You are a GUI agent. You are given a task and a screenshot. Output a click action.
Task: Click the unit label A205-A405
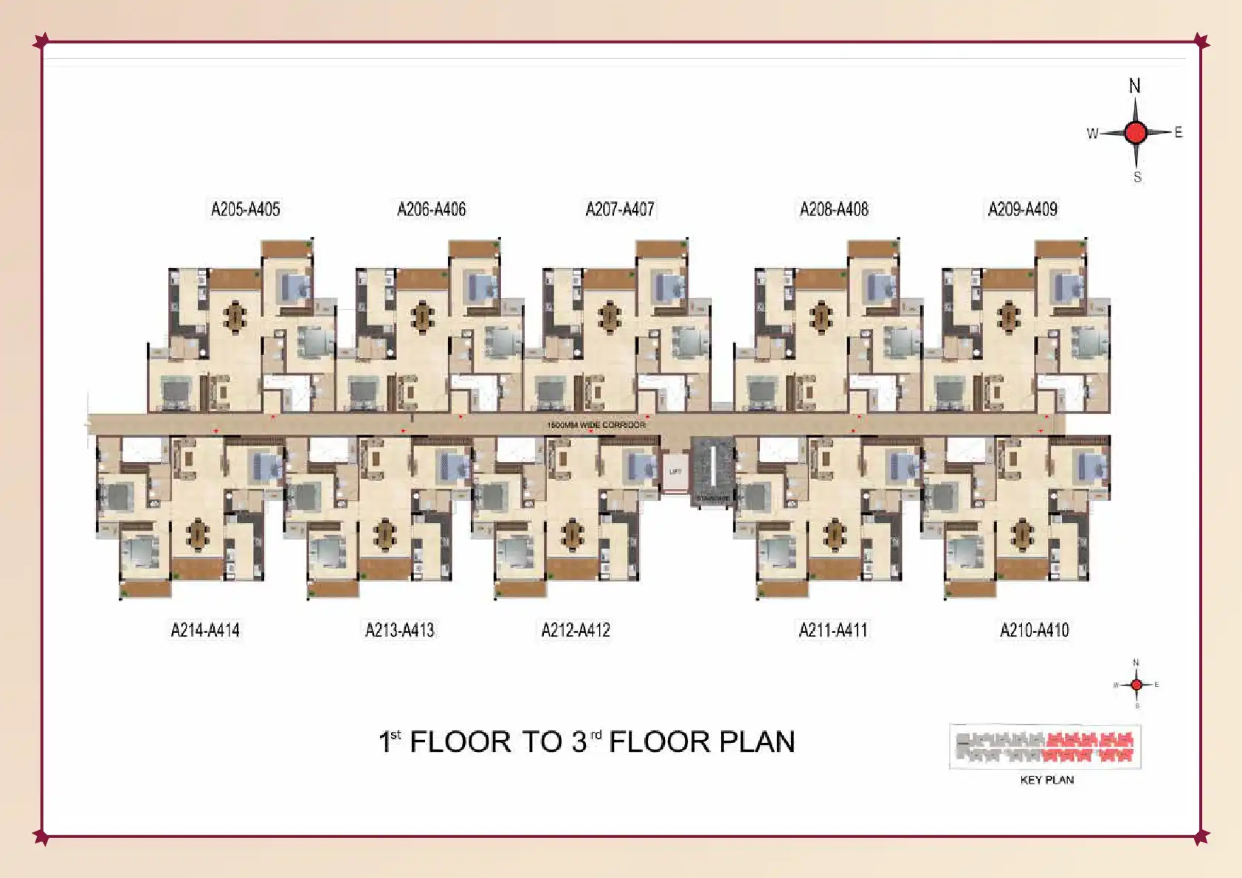pos(246,210)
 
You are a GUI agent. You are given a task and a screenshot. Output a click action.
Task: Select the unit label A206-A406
pos(432,210)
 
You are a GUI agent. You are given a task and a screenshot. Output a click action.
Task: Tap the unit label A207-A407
pos(620,210)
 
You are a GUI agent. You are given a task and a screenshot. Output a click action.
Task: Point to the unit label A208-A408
pos(834,210)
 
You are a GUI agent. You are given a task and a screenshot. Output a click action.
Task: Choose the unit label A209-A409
pos(1023,210)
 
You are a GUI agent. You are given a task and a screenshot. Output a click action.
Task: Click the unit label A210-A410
pos(1035,630)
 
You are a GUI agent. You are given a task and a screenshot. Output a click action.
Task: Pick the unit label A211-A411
pos(833,630)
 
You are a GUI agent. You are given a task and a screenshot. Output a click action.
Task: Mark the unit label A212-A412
pos(576,630)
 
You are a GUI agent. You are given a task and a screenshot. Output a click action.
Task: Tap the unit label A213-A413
pos(400,630)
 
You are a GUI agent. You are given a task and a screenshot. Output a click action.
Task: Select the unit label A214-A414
pos(205,630)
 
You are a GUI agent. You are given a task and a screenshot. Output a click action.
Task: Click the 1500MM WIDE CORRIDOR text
pos(596,425)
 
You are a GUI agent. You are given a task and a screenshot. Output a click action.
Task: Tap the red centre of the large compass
pos(1136,133)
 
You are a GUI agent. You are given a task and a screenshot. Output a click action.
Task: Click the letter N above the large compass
pos(1135,86)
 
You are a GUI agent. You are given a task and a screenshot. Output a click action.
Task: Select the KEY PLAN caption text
pos(1046,780)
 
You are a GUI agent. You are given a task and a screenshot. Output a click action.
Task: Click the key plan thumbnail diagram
pos(1045,747)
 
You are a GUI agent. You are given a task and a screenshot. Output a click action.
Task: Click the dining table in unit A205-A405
pos(235,317)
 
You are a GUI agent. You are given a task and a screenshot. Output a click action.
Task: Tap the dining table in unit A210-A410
pos(1022,534)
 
